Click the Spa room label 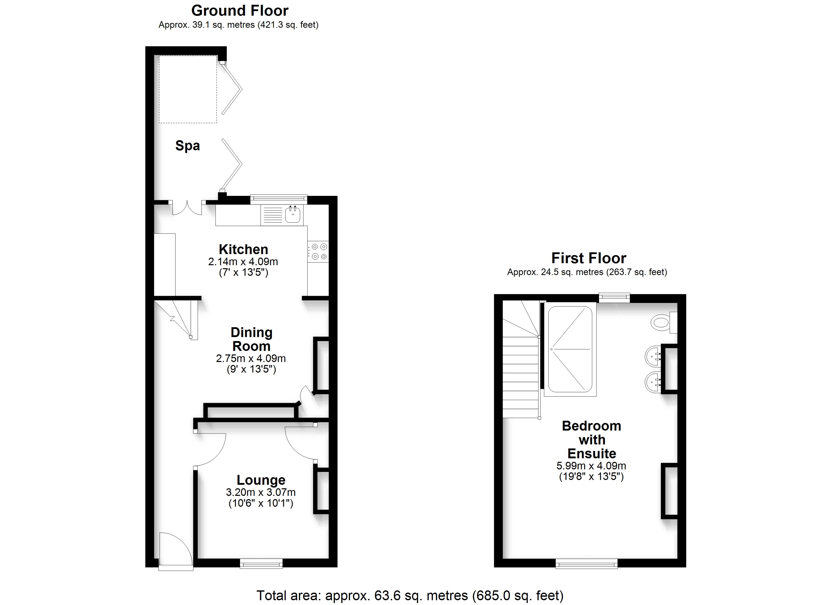tap(188, 146)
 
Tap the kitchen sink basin tap(293, 215)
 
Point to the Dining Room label tap(252, 339)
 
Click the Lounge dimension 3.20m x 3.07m tap(261, 492)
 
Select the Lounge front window tap(261, 563)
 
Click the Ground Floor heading tap(240, 11)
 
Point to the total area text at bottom tap(410, 595)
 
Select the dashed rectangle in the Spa tap(188, 89)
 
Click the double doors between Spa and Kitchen tap(187, 207)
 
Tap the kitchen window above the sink tap(279, 199)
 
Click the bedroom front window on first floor tap(587, 563)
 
